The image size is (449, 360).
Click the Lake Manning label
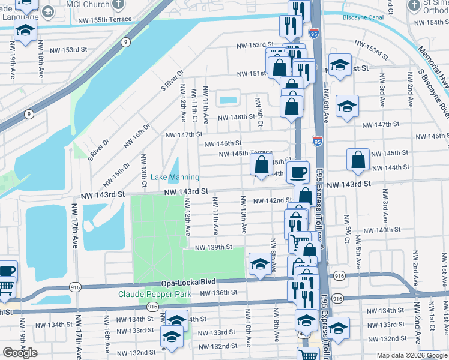[x=175, y=177]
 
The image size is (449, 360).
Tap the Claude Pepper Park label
[x=155, y=294]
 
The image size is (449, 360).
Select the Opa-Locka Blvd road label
[x=188, y=283]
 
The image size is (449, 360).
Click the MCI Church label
[x=88, y=4]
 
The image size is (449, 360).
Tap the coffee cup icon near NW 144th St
[x=298, y=172]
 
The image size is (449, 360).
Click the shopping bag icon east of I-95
[x=358, y=160]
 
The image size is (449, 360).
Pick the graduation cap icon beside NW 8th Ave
[x=259, y=264]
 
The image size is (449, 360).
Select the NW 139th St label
[x=216, y=247]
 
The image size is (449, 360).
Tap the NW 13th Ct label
[x=144, y=170]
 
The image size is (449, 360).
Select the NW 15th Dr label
[x=116, y=174]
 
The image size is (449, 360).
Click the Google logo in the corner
[x=20, y=353]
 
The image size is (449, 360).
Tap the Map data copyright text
[x=411, y=355]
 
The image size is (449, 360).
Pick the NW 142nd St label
[x=273, y=200]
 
